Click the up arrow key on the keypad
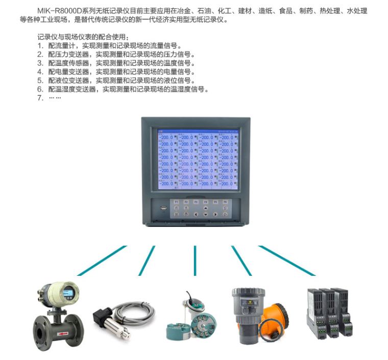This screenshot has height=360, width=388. point(205,208)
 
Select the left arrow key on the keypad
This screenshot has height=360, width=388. point(196,214)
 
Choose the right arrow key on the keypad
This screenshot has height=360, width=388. point(215,214)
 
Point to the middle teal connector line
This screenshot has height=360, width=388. point(195,260)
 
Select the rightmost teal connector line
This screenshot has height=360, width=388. point(286,261)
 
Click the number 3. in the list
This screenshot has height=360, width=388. point(40,63)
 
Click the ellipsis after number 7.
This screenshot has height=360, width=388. point(55,98)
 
